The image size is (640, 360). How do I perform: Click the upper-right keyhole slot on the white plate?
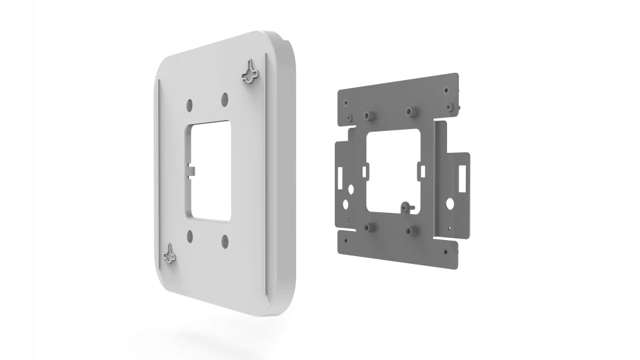249,72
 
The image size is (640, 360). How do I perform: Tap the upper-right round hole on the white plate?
225,99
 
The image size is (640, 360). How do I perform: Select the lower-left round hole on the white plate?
189,236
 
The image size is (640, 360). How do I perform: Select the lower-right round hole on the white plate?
225,241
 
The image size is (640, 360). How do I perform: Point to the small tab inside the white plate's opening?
192,170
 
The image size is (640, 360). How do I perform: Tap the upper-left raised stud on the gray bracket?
369,115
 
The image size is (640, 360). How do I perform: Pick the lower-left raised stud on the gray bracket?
370,227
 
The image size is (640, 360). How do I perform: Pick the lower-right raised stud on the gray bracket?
409,230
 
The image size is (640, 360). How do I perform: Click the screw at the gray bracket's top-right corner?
449,106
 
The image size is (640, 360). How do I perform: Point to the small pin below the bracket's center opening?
405,206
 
